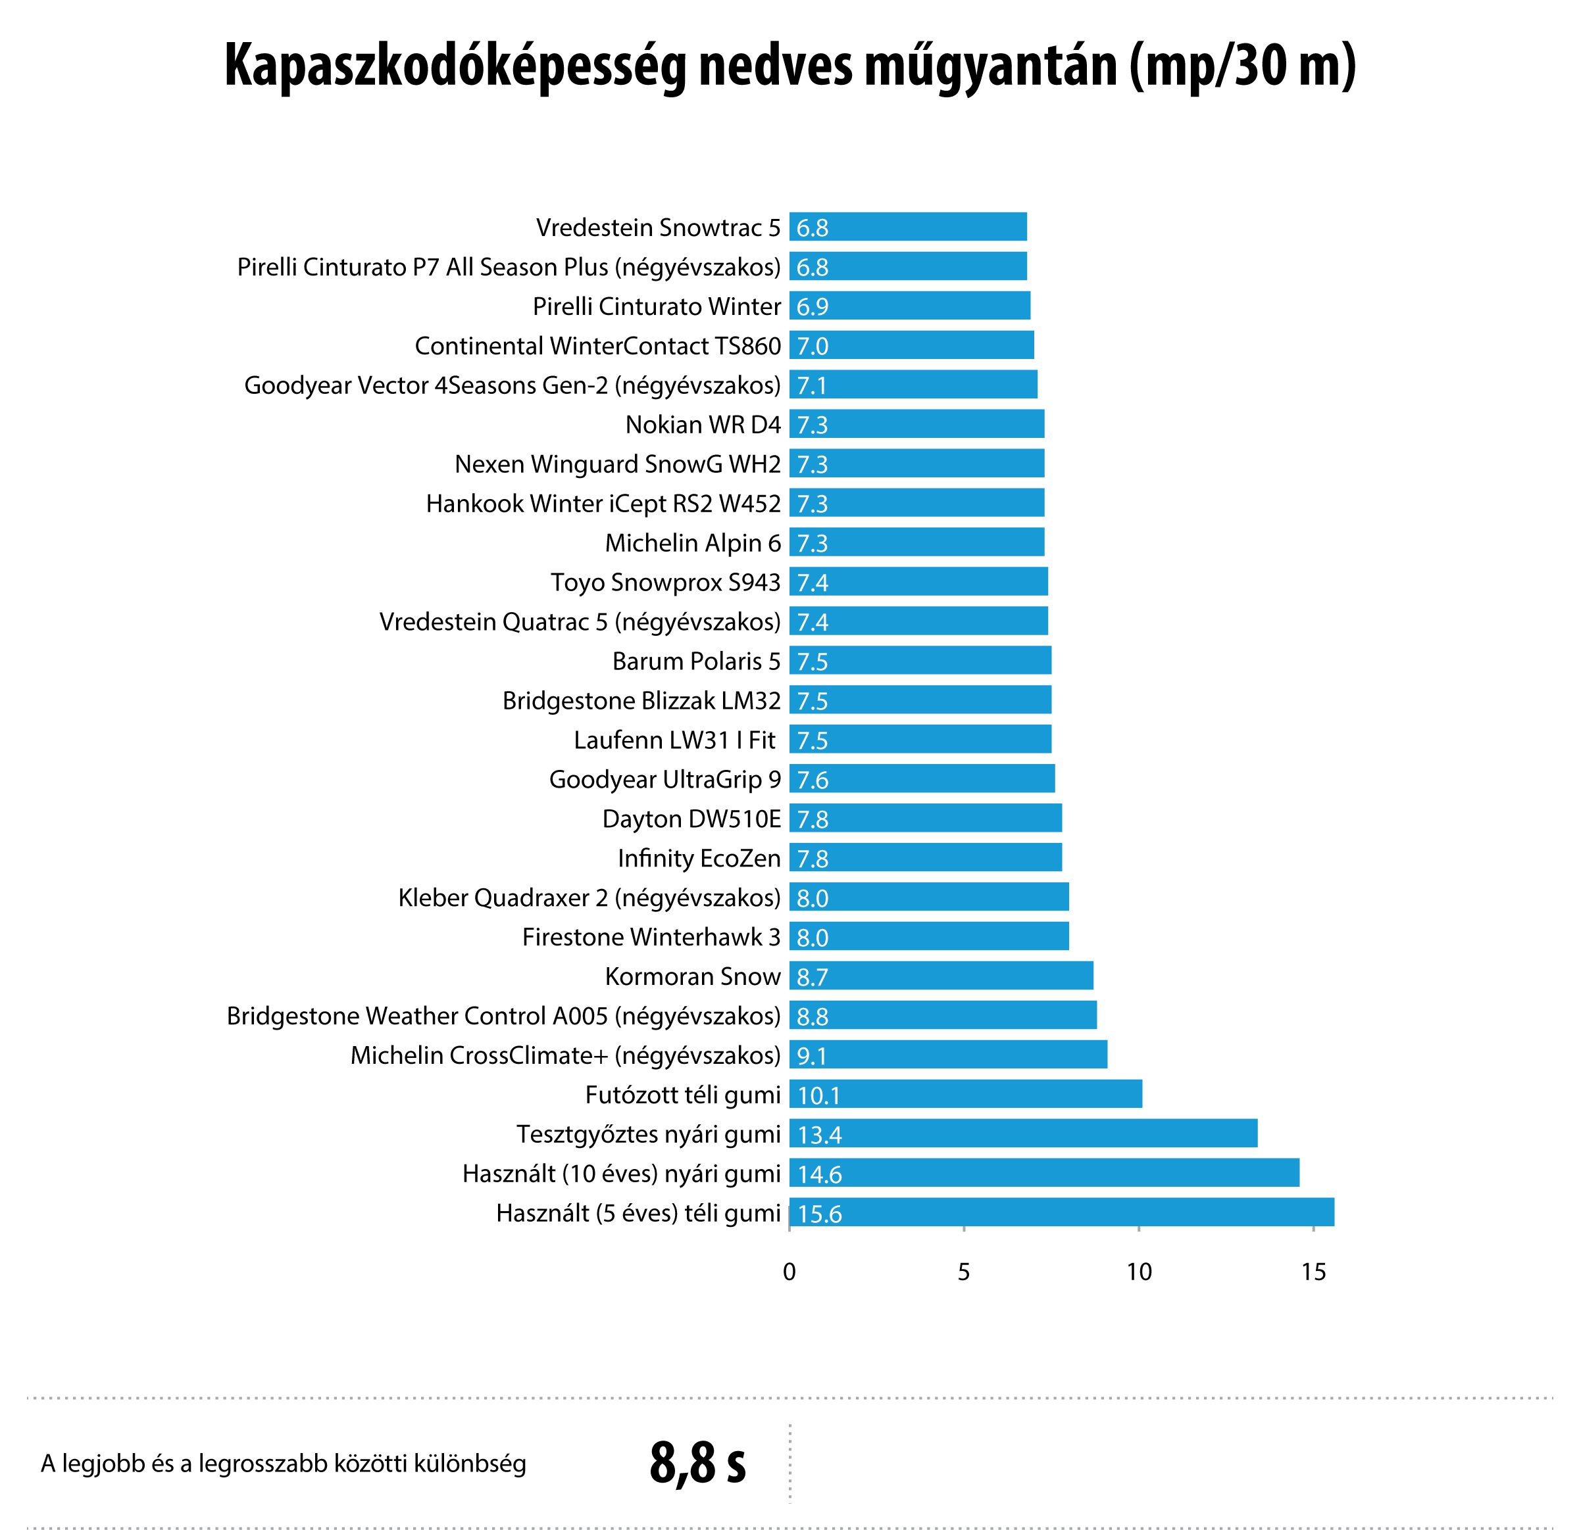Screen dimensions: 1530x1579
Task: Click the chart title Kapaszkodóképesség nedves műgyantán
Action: [x=789, y=66]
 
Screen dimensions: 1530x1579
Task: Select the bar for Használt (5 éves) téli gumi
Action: [x=1061, y=1212]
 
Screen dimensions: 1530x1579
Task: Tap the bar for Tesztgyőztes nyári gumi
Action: [x=1023, y=1133]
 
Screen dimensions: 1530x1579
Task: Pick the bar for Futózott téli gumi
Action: [x=965, y=1093]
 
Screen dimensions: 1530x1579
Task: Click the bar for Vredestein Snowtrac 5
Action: [x=908, y=227]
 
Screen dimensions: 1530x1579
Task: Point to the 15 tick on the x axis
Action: [x=1313, y=1272]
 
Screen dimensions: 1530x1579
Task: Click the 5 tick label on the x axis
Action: [x=963, y=1272]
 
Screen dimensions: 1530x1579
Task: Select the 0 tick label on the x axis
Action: [x=789, y=1272]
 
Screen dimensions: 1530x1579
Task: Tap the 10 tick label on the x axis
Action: [x=1138, y=1272]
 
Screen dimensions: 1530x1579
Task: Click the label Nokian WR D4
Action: [x=703, y=424]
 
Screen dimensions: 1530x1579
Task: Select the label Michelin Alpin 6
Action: [x=693, y=542]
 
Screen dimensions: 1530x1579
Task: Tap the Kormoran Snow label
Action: [x=693, y=976]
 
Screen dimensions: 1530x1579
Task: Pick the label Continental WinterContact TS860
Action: [x=598, y=345]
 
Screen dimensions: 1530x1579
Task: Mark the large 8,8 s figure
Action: [x=697, y=1462]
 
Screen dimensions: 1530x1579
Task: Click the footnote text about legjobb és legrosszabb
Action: [x=284, y=1463]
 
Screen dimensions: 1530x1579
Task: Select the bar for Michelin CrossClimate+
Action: [x=947, y=1054]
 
